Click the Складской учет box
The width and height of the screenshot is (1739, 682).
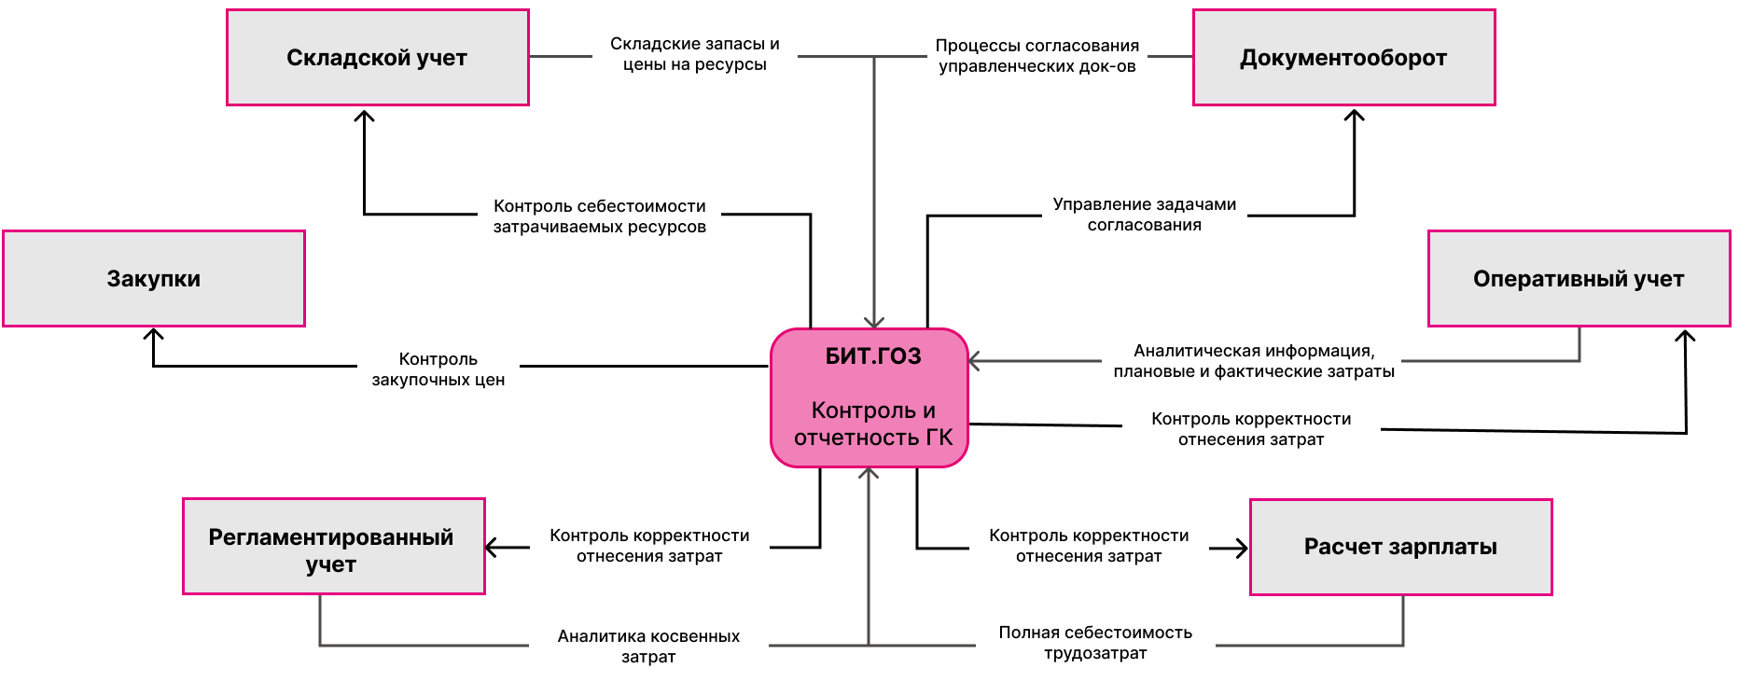tap(378, 58)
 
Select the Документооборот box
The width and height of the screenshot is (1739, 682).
tap(1344, 58)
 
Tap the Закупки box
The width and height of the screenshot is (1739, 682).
tap(154, 279)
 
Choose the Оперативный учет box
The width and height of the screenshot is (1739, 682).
tap(1579, 279)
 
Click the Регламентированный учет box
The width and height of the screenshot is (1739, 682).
tap(334, 547)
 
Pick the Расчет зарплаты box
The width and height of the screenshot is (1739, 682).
tap(1401, 548)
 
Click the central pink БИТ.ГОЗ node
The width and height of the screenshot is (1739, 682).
tap(869, 397)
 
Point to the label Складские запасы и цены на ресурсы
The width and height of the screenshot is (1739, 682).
tap(695, 54)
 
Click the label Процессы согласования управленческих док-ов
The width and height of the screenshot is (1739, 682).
tap(1037, 56)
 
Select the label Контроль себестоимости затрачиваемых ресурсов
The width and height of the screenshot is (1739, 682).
tap(600, 216)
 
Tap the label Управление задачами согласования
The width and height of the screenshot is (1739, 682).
tap(1145, 215)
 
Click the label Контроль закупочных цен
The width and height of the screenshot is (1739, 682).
tap(438, 369)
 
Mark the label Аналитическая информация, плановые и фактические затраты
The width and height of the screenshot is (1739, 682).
tap(1254, 361)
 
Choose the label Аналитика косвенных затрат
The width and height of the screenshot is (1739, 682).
tap(648, 647)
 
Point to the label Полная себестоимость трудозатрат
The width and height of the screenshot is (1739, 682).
tap(1095, 643)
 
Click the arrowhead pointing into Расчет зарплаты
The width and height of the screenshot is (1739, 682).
tap(1242, 548)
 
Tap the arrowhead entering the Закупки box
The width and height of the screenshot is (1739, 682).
tap(154, 334)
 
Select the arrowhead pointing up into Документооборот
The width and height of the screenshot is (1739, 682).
tap(1355, 115)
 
